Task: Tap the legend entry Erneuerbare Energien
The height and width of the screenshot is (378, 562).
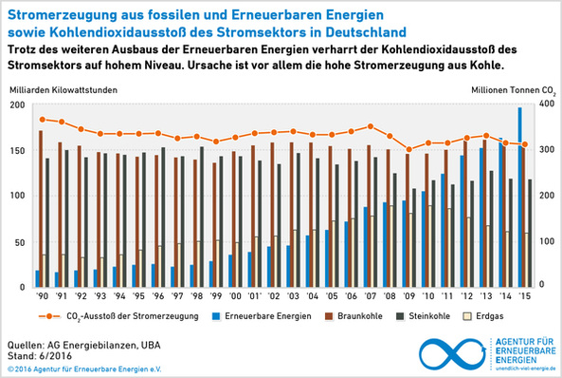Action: (268, 315)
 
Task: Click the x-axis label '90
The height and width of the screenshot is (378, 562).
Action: (41, 295)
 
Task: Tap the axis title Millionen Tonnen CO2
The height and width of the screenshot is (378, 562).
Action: (512, 88)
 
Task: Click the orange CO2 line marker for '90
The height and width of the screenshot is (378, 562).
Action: (42, 120)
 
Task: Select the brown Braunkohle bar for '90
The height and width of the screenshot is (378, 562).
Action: (41, 208)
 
